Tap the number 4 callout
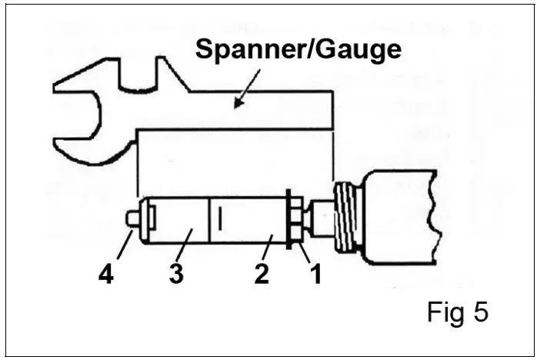(105, 273)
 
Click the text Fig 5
(457, 313)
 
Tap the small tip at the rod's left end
(132, 218)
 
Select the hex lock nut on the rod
(295, 220)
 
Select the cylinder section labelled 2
(250, 221)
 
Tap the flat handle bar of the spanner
(254, 112)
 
